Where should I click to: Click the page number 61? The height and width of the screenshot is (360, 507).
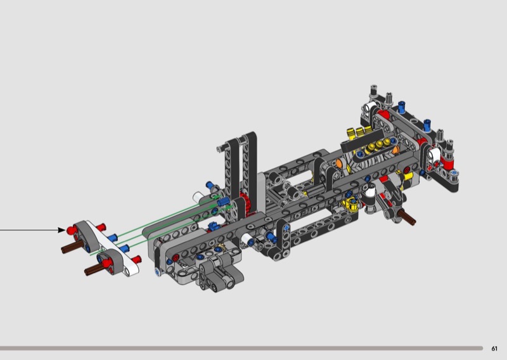tap(494, 349)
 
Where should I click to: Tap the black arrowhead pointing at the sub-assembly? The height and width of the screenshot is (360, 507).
tap(61, 230)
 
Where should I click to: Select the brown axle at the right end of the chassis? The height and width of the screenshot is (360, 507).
tap(408, 217)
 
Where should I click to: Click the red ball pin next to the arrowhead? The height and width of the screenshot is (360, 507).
tap(72, 230)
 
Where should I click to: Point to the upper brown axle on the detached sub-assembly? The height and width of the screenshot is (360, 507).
tap(70, 247)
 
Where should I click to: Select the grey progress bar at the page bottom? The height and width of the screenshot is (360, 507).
tap(241, 349)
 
